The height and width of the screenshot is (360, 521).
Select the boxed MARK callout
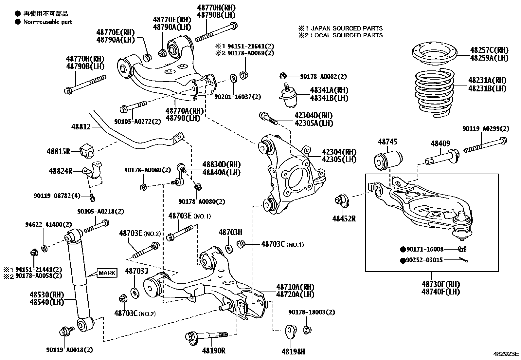pos(107,273)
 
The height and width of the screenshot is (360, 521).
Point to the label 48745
pos(387,142)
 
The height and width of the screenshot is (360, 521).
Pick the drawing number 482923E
pos(506,354)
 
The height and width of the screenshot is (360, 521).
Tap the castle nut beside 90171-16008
pos(462,249)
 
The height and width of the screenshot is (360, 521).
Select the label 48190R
pos(214,351)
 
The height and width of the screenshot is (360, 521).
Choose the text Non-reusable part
pos(48,22)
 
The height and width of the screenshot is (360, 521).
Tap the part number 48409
pos(440,143)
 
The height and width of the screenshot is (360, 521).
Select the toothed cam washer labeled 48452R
pos(343,200)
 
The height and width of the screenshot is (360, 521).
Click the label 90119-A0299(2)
pos(486,129)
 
